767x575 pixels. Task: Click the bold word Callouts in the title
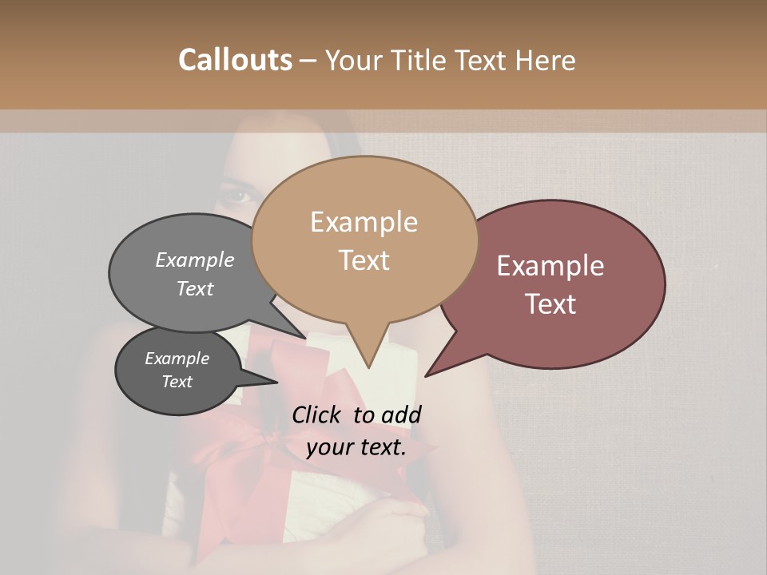(x=235, y=60)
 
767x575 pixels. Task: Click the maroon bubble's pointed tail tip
(x=426, y=375)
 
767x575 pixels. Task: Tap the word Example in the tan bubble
(x=364, y=222)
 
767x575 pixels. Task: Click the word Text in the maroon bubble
(x=551, y=303)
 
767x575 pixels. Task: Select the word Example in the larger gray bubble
(x=195, y=260)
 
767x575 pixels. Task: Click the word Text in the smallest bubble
(x=177, y=382)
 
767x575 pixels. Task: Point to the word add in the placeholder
(x=401, y=414)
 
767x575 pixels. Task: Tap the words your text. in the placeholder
(x=356, y=447)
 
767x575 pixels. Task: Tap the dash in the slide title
(x=308, y=61)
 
